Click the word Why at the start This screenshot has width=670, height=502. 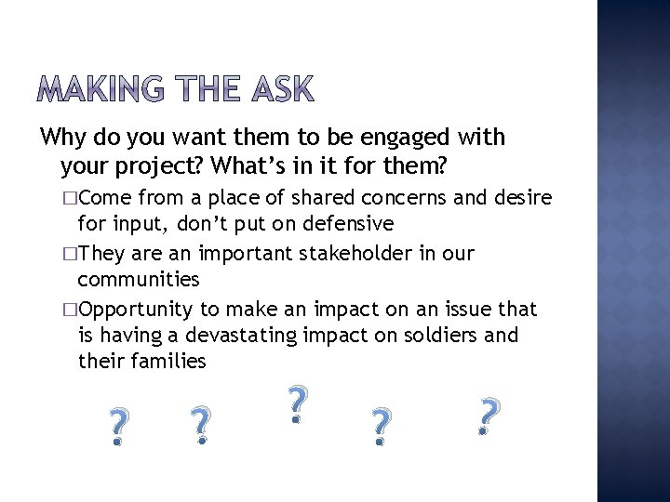click(63, 138)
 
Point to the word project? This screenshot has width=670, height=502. click(160, 166)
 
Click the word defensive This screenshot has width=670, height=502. click(344, 224)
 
